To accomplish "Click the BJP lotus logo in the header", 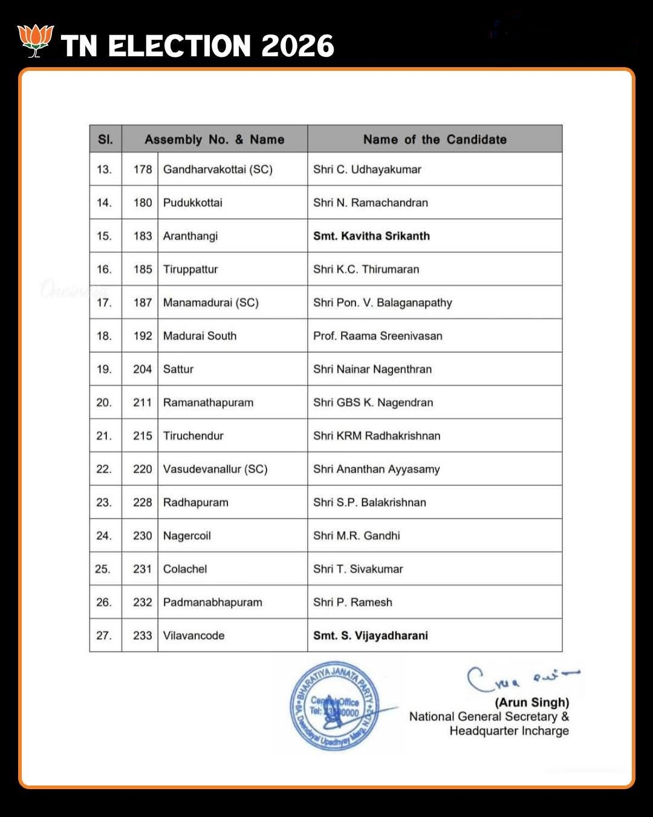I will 36,41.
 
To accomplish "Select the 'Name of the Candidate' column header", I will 435,139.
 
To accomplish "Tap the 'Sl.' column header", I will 105,139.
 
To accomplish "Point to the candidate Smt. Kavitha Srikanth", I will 371,236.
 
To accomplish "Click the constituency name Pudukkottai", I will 192,203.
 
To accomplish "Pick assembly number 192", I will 142,336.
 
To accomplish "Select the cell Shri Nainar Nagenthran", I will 372,369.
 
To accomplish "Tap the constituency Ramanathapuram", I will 208,402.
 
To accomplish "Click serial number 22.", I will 104,469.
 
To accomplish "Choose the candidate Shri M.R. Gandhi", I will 356,536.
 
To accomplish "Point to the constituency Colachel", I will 184,569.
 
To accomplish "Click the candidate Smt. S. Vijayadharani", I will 370,635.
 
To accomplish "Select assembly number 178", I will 142,169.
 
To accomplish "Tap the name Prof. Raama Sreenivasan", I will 377,336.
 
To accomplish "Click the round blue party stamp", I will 334,706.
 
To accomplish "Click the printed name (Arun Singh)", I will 532,703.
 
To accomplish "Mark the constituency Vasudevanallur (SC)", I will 215,469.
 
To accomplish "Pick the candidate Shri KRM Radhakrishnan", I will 376,436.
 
